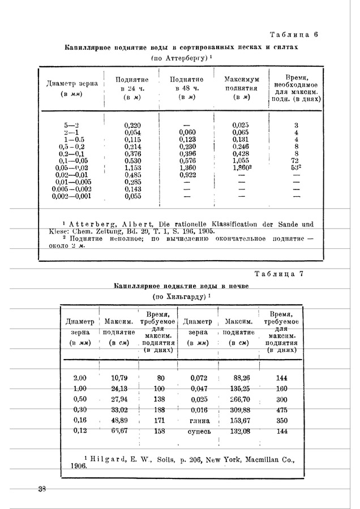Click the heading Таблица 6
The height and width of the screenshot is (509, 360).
[x=294, y=34]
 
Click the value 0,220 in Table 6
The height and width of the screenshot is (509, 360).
[x=132, y=125]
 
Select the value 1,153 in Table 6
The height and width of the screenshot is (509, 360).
[x=132, y=168]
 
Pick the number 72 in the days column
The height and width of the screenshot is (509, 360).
[x=296, y=161]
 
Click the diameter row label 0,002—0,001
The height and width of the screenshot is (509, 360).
[x=71, y=196]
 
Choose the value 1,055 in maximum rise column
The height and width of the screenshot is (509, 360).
[x=241, y=161]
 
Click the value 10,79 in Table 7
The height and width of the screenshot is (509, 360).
[x=119, y=377]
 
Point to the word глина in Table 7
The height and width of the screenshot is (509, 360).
[x=198, y=421]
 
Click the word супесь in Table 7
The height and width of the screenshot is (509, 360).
[x=198, y=432]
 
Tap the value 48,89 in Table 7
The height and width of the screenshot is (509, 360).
[x=119, y=421]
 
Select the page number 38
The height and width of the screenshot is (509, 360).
[x=42, y=489]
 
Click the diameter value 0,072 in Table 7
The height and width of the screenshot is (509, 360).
[x=198, y=377]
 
